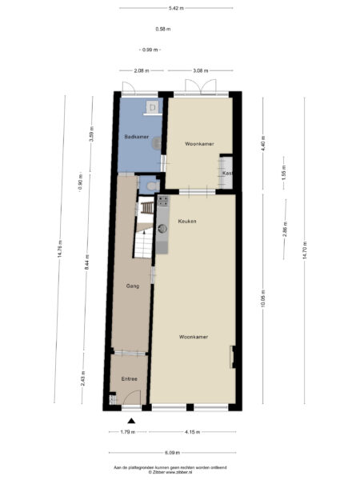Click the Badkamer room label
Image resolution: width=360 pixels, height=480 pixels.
pos(136,137)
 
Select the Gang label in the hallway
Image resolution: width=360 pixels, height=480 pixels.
pos(133,285)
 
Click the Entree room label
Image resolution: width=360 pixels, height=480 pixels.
pos(129,378)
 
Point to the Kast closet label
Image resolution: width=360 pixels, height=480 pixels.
pos(227,173)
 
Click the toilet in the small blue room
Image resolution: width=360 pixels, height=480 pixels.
pos(152,186)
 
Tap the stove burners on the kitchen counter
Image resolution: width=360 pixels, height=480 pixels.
pos(162,202)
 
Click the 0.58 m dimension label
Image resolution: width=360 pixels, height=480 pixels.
pos(163,30)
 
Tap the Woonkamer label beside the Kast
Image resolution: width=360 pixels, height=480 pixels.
pos(198,144)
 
